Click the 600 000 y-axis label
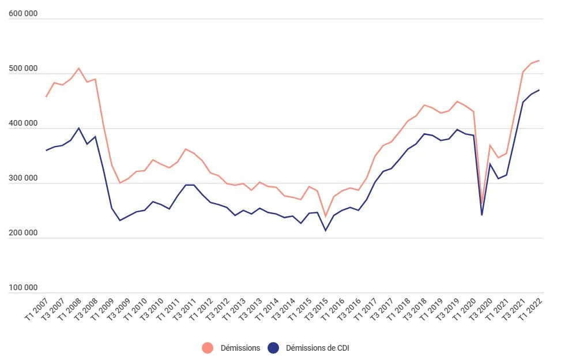click(23, 14)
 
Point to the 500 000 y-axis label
click(23, 69)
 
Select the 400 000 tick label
click(23, 124)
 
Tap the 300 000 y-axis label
click(23, 179)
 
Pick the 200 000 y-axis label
click(23, 234)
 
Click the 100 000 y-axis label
click(23, 288)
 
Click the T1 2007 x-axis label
click(36, 308)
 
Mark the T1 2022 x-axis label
click(530, 308)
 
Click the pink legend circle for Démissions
click(208, 348)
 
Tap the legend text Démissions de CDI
click(317, 348)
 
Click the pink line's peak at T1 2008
click(79, 68)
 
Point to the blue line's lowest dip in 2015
click(326, 231)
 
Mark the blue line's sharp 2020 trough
click(482, 215)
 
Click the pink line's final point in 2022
click(538, 61)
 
